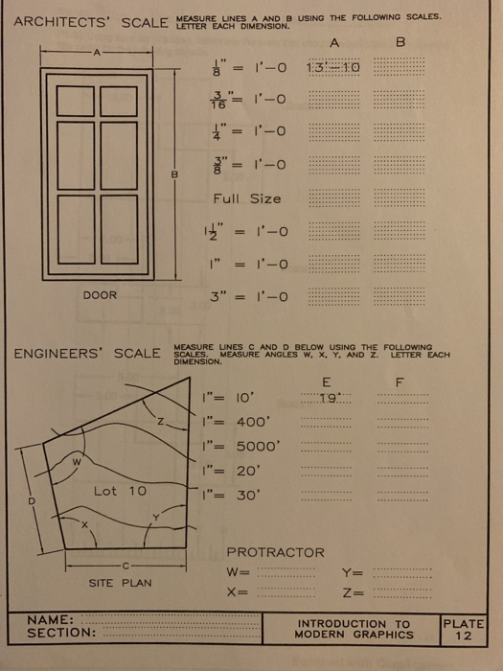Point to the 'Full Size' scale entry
pos(246,198)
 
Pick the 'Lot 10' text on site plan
pos(121,491)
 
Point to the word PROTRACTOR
pos(275,552)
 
